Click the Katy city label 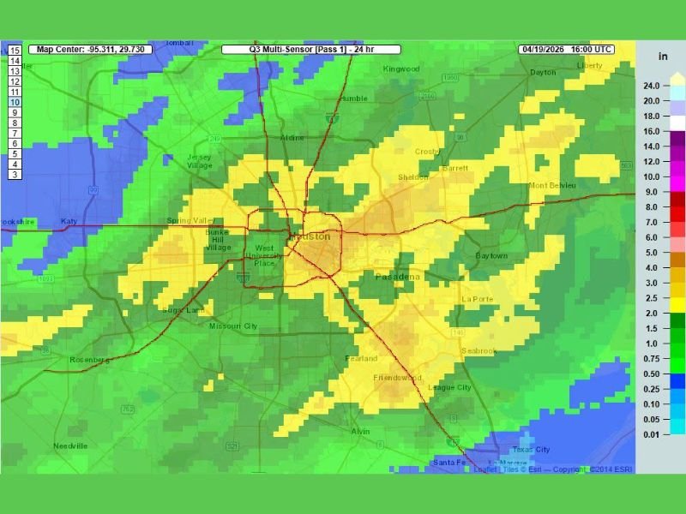pyautogui.click(x=69, y=222)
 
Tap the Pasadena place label pyautogui.click(x=398, y=277)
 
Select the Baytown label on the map pyautogui.click(x=491, y=256)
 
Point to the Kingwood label pyautogui.click(x=401, y=69)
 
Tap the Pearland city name pyautogui.click(x=361, y=358)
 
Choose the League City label pyautogui.click(x=449, y=387)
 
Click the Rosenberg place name pyautogui.click(x=90, y=360)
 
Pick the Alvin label pyautogui.click(x=360, y=431)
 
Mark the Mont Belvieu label pyautogui.click(x=552, y=185)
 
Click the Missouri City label pyautogui.click(x=233, y=326)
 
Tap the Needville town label pyautogui.click(x=70, y=446)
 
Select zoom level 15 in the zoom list pyautogui.click(x=15, y=51)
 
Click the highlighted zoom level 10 pyautogui.click(x=15, y=102)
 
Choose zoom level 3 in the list pyautogui.click(x=15, y=174)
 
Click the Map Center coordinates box pyautogui.click(x=90, y=50)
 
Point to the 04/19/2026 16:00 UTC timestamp pyautogui.click(x=566, y=50)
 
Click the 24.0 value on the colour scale pyautogui.click(x=651, y=86)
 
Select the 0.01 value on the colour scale pyautogui.click(x=651, y=435)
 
